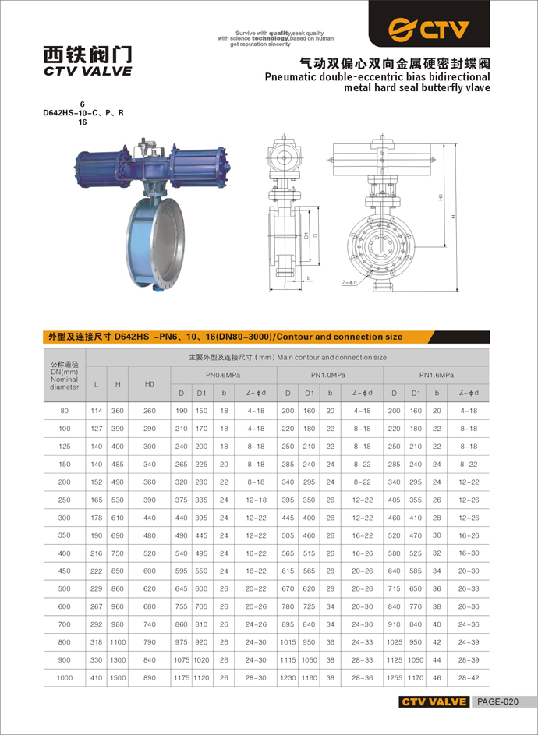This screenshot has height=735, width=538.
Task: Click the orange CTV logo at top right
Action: click(x=430, y=30)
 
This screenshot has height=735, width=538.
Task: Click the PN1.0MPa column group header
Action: click(x=330, y=376)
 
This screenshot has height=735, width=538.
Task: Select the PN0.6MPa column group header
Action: click(x=223, y=376)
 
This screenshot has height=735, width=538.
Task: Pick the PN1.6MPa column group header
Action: click(x=436, y=376)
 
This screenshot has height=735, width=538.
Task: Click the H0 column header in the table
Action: click(x=150, y=383)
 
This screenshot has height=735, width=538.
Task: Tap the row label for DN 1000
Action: click(x=65, y=678)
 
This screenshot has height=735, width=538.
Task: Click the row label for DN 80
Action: click(x=65, y=410)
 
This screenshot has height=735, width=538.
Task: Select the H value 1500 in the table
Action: click(x=118, y=678)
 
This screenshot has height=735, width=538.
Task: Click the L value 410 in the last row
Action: click(x=96, y=678)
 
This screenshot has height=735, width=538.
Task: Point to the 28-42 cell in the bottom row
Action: click(x=469, y=678)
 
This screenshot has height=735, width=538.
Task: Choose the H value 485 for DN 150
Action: click(x=118, y=464)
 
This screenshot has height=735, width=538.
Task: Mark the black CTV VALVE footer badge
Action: click(x=434, y=701)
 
